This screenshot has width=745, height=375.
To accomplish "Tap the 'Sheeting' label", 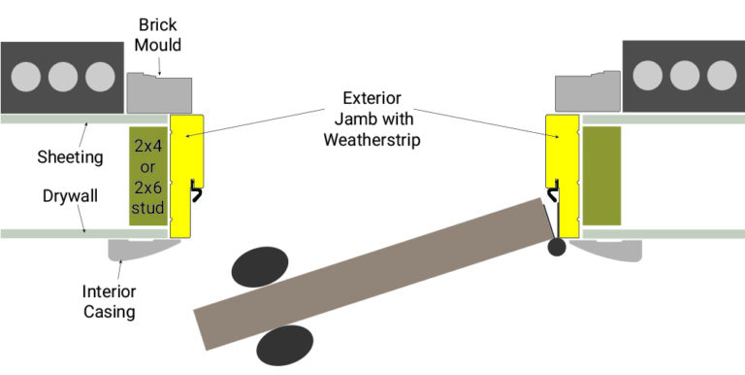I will pyautogui.click(x=71, y=156).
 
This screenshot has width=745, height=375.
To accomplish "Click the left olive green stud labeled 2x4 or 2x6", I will pyautogui.click(x=147, y=175).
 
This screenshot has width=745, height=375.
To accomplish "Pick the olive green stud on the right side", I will pyautogui.click(x=600, y=175).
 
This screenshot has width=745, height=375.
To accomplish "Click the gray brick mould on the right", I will pyautogui.click(x=586, y=91).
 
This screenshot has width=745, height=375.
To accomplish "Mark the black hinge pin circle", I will pyautogui.click(x=556, y=248).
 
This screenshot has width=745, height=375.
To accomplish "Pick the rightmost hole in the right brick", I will pyautogui.click(x=722, y=75).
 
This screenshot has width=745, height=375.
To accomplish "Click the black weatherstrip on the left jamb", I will pyautogui.click(x=197, y=188).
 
